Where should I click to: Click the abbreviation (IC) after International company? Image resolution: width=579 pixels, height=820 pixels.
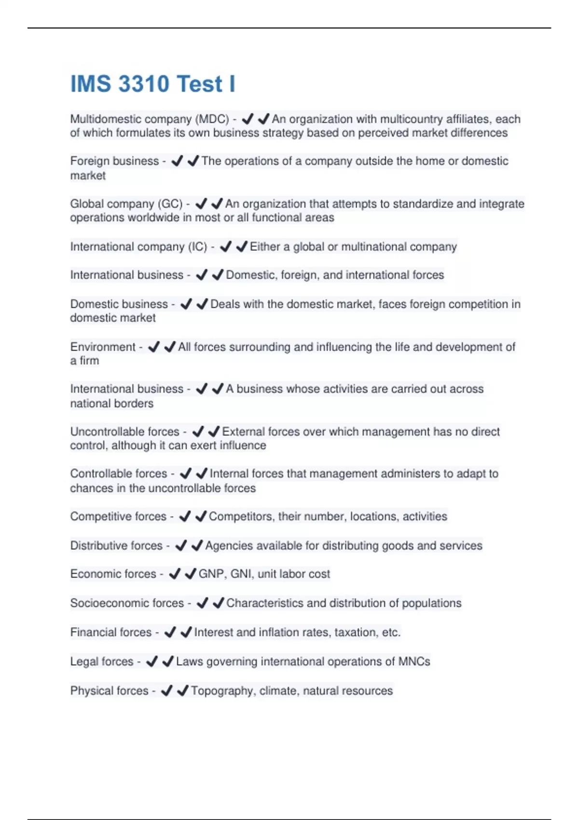coord(197,247)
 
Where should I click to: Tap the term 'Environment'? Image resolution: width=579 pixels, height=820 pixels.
coord(103,347)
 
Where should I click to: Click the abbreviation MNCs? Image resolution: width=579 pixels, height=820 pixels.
coord(414,662)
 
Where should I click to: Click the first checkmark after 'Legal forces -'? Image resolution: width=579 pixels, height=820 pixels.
coord(152,662)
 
